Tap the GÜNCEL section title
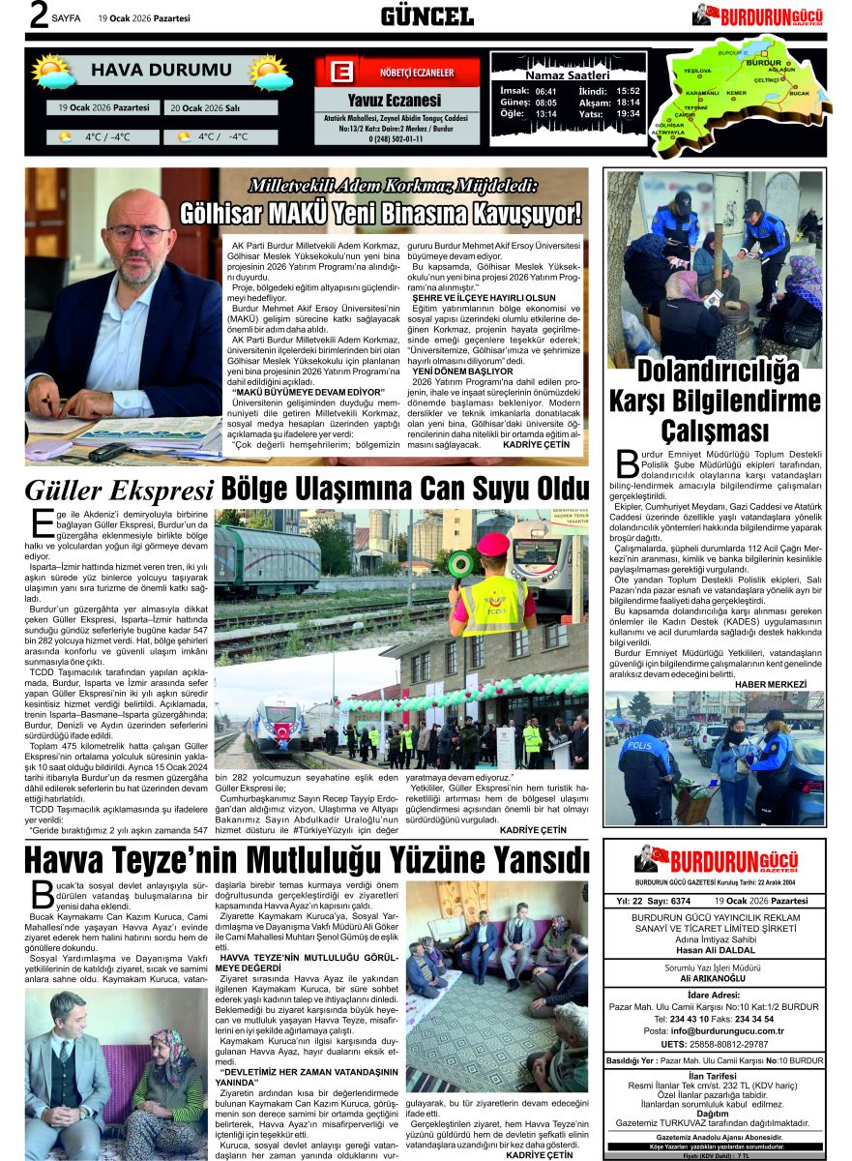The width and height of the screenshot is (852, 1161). point(426,16)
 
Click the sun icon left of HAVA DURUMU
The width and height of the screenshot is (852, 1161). point(51,72)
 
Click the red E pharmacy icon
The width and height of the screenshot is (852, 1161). point(339,73)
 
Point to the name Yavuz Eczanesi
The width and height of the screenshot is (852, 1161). point(394,100)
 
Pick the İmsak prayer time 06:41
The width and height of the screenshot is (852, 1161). point(545,90)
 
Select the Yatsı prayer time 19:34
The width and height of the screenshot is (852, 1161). point(628,113)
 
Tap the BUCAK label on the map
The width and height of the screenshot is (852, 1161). point(799,93)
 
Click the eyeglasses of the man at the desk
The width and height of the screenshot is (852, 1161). point(139,233)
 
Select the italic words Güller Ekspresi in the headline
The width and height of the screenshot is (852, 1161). point(119,491)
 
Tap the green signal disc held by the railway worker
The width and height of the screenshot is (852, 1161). point(460,563)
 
